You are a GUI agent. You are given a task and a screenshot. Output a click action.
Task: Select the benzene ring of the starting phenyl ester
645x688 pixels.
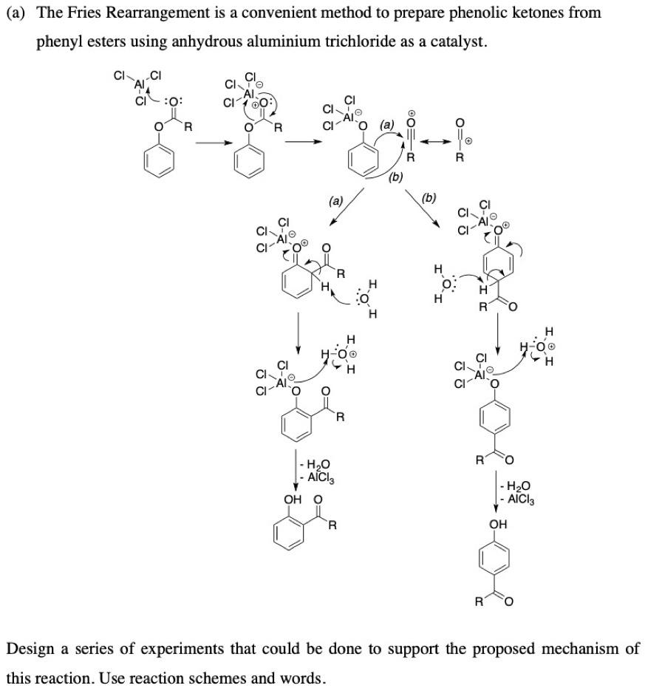click(159, 159)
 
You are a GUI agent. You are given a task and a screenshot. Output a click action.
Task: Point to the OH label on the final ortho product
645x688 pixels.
click(293, 500)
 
